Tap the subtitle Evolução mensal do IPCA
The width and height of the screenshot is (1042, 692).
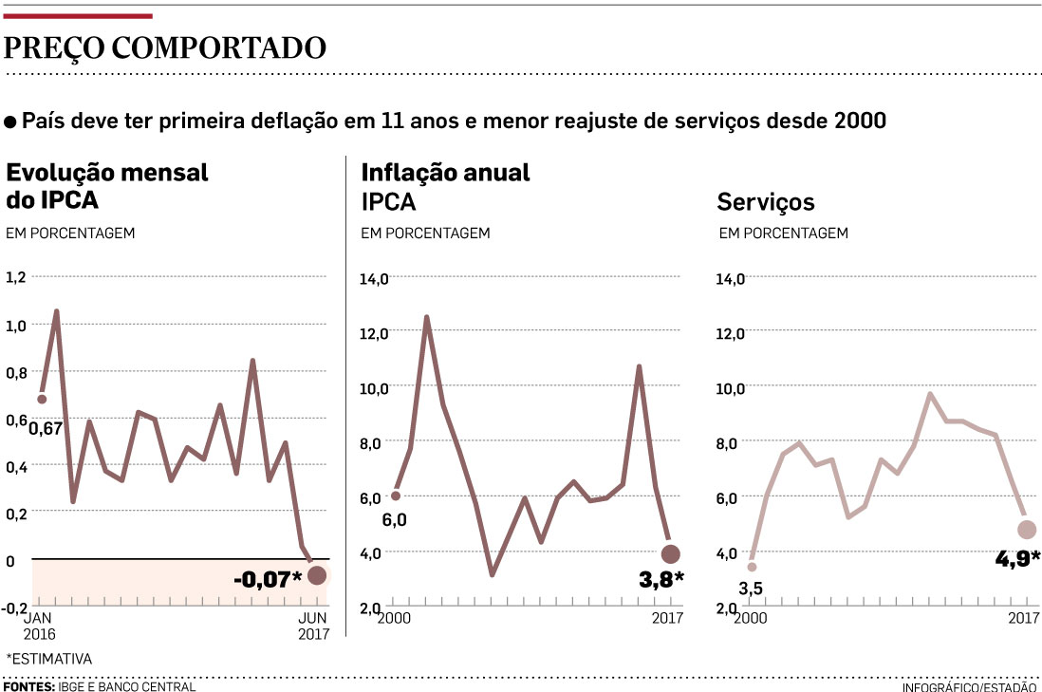point(107,186)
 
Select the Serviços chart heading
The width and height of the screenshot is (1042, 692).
point(766,202)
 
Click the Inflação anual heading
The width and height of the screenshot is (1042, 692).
point(445,173)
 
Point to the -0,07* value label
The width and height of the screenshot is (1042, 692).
point(267,577)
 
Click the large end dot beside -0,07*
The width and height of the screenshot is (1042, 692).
point(317,575)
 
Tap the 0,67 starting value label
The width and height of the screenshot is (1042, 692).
point(45,428)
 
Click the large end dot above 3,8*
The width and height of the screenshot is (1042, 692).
point(671,554)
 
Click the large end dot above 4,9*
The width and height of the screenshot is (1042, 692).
point(1027,530)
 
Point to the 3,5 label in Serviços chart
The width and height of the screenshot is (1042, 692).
point(751,589)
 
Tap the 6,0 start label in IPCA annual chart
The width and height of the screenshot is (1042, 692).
point(394,519)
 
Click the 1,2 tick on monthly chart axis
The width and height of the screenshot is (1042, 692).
point(16,277)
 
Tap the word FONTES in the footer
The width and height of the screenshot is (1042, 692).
point(28,685)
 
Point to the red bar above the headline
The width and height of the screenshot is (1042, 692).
point(78,15)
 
